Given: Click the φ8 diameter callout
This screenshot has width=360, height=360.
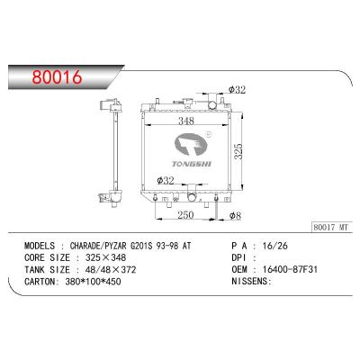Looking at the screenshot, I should click(x=236, y=216).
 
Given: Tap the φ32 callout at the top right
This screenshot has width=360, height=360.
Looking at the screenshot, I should click(x=237, y=89).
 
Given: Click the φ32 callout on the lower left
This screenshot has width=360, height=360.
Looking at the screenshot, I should click(x=166, y=181).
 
